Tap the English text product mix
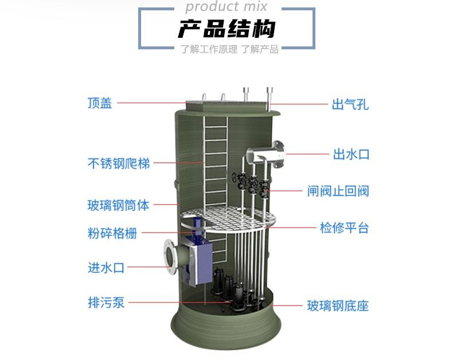click(226, 7)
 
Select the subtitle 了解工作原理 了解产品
click(229, 49)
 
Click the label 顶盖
click(100, 103)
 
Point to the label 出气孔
click(350, 104)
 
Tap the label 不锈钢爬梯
click(119, 163)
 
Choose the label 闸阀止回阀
click(337, 191)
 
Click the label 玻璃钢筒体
click(119, 205)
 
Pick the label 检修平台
click(344, 228)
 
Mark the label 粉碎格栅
click(112, 233)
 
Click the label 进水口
click(106, 267)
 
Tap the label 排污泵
click(106, 303)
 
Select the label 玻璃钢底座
click(337, 306)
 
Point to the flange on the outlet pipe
click(280, 154)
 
